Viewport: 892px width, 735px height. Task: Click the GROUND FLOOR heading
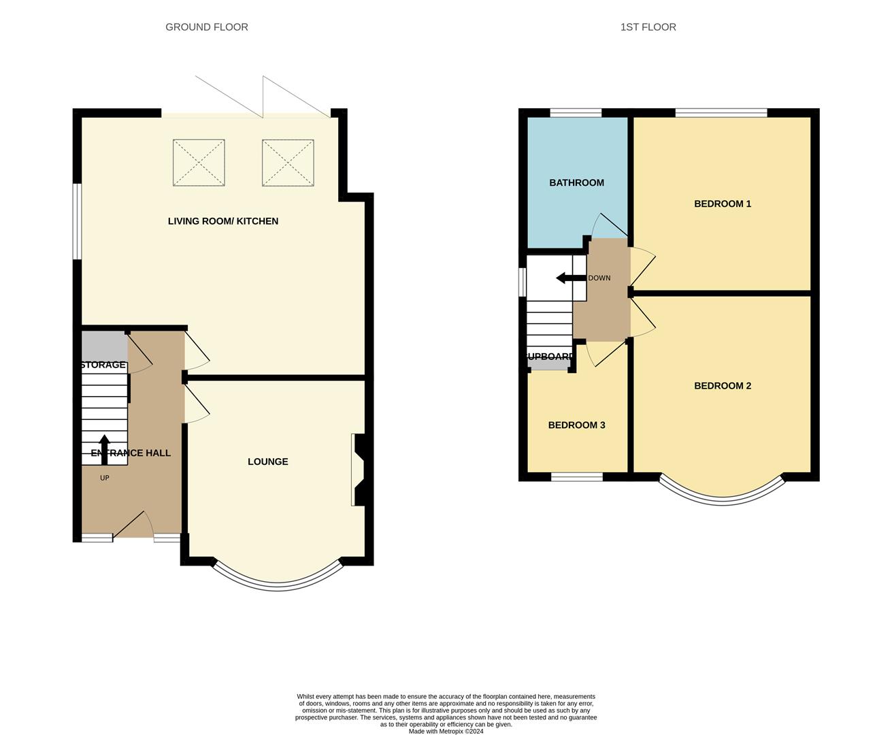[x=206, y=27]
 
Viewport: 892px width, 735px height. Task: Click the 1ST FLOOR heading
[x=648, y=27]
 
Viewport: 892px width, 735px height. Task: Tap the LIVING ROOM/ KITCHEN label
[x=223, y=221]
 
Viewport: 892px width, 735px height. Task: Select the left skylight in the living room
[x=199, y=163]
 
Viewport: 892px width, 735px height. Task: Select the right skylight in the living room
[x=288, y=163]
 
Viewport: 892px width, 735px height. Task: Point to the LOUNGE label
[x=267, y=461]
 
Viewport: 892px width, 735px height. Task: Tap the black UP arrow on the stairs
[x=104, y=449]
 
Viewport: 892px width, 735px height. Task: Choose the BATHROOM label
[x=576, y=182]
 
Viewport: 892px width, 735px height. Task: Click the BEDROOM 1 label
[x=722, y=203]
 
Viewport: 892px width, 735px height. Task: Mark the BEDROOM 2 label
[x=722, y=386]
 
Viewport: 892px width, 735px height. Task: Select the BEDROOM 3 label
[x=576, y=425]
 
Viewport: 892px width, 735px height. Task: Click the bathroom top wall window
[x=576, y=113]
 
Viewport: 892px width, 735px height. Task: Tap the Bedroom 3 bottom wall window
[x=576, y=477]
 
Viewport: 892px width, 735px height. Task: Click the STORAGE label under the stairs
[x=103, y=365]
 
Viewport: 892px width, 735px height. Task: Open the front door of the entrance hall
[x=133, y=525]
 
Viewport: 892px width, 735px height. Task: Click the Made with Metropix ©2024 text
[x=446, y=732]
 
